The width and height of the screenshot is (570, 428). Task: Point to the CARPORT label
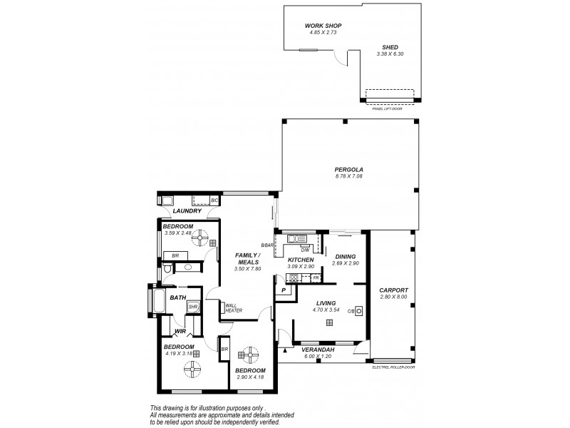click(393, 290)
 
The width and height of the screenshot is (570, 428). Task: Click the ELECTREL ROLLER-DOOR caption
click(393, 367)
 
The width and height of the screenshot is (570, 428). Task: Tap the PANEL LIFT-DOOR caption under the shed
click(388, 108)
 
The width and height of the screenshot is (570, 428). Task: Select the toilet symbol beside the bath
click(166, 269)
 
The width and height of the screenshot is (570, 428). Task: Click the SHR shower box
click(192, 307)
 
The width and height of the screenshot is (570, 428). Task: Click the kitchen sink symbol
click(296, 239)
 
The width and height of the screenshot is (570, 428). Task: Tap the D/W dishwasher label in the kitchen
click(304, 250)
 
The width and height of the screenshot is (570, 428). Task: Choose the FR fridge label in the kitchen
click(316, 277)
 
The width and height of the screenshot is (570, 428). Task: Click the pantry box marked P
click(283, 290)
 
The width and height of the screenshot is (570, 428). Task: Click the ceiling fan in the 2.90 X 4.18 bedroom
click(249, 353)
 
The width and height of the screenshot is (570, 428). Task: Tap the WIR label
click(180, 332)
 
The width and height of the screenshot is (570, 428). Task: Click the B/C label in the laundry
click(214, 200)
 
